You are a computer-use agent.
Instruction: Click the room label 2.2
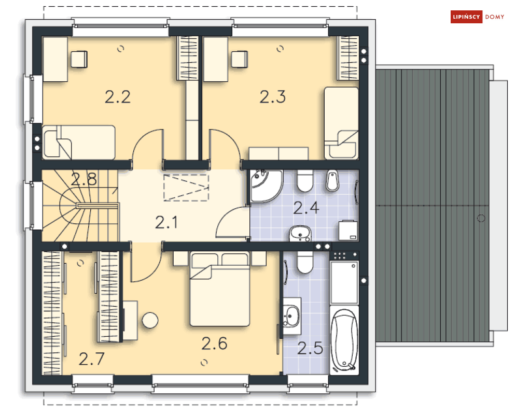tap(118, 97)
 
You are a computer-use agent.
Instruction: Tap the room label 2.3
tap(272, 97)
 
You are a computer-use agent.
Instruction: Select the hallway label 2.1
tap(166, 223)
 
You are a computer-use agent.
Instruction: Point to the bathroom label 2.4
tap(306, 208)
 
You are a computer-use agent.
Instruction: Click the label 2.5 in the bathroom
tap(310, 348)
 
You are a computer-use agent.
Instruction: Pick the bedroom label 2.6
tap(214, 343)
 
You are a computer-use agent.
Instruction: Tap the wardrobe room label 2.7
tap(91, 359)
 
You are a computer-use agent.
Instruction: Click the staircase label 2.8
tap(84, 179)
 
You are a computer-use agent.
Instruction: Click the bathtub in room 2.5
tap(344, 341)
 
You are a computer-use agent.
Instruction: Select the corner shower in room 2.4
tap(265, 185)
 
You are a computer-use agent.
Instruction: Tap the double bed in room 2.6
tap(219, 289)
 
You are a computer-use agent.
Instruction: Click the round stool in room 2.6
tap(150, 320)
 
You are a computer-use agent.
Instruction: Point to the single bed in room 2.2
tap(79, 142)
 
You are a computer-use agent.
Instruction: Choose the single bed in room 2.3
tap(341, 123)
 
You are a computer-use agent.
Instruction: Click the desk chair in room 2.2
tap(79, 59)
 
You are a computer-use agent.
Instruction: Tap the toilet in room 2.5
tap(305, 263)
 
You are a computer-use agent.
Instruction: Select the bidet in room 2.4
tap(332, 180)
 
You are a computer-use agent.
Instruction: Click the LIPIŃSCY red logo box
tap(466, 17)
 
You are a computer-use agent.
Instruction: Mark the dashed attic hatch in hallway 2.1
tap(186, 188)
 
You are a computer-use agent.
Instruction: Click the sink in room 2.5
tap(291, 316)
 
